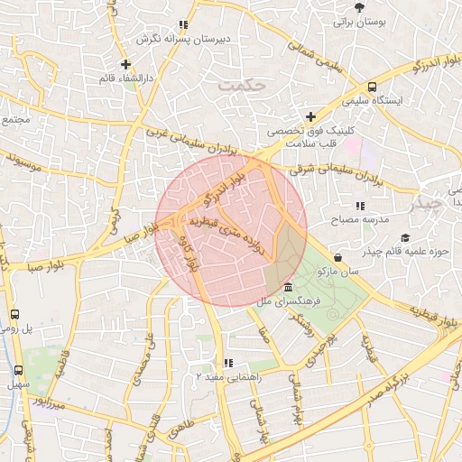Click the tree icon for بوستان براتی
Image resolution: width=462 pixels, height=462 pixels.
pyautogui.click(x=361, y=7)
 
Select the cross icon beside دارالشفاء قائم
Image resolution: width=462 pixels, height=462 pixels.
pyautogui.click(x=125, y=64)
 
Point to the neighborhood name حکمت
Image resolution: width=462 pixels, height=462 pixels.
pyautogui.click(x=244, y=85)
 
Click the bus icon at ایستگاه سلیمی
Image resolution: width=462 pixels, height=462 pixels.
pyautogui.click(x=372, y=88)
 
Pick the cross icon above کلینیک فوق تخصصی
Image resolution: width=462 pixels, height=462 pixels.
pyautogui.click(x=311, y=116)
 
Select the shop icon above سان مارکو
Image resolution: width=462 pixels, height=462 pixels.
pyautogui.click(x=337, y=257)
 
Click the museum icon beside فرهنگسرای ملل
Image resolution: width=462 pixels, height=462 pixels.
pyautogui.click(x=287, y=287)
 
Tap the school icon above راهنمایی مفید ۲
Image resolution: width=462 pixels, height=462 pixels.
pyautogui.click(x=226, y=363)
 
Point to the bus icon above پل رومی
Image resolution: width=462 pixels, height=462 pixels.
pyautogui.click(x=14, y=315)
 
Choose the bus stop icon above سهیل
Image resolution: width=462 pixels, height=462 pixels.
pyautogui.click(x=19, y=370)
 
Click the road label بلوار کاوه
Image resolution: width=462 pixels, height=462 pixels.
pyautogui.click(x=191, y=255)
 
